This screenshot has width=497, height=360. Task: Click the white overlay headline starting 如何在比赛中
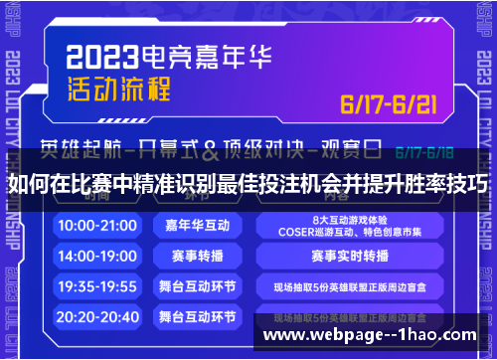(x=248, y=184)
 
